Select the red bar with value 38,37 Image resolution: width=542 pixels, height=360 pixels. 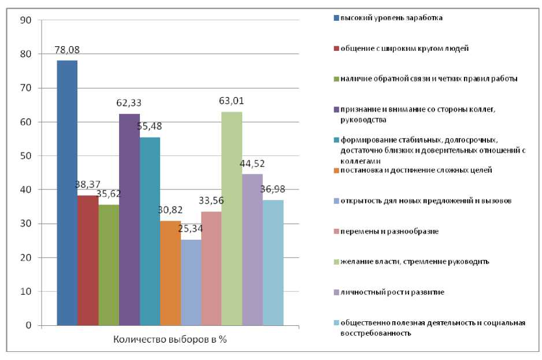pyautogui.click(x=88, y=260)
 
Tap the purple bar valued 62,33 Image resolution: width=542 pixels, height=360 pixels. pyautogui.click(x=129, y=220)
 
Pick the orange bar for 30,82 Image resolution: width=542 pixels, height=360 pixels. pyautogui.click(x=170, y=273)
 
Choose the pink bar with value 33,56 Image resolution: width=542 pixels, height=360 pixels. pyautogui.click(x=211, y=268)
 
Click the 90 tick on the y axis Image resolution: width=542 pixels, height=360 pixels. pyautogui.click(x=25, y=20)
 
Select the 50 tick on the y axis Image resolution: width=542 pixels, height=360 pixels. pyautogui.click(x=25, y=156)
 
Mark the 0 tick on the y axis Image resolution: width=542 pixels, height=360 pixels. pyautogui.click(x=28, y=325)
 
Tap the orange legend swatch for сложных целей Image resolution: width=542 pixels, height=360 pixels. pyautogui.click(x=336, y=169)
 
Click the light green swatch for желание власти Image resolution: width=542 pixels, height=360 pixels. pyautogui.click(x=336, y=261)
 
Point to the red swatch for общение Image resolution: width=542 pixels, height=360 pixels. pyautogui.click(x=336, y=48)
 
